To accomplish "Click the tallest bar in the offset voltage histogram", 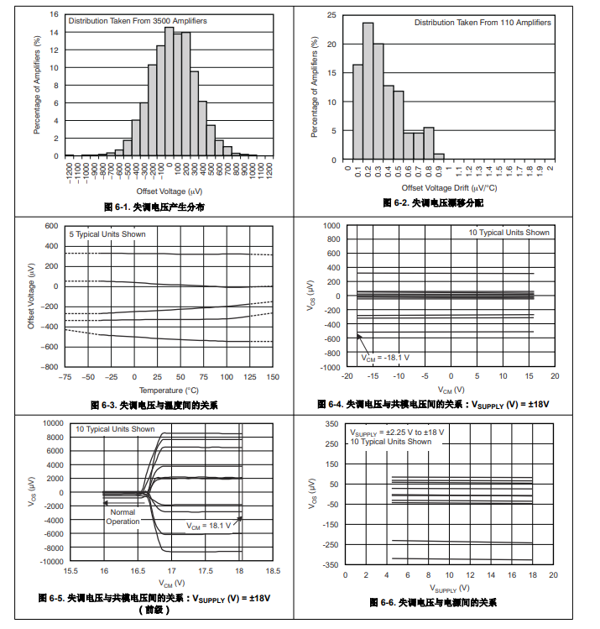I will tap(169, 92).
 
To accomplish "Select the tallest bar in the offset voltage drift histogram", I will tap(368, 91).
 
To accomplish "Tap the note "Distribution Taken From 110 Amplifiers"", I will tap(483, 23).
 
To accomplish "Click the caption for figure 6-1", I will tap(154, 207).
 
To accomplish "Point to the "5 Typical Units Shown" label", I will tap(107, 233).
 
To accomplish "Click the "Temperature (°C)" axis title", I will tap(169, 390).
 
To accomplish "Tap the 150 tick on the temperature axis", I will tap(273, 378).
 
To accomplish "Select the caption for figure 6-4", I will tap(433, 405).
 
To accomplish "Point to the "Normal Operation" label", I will tap(123, 516).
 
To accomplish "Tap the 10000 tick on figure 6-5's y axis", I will tap(53, 423).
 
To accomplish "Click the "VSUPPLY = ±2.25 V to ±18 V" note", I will tap(397, 432).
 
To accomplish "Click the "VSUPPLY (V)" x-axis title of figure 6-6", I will tap(449, 589).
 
